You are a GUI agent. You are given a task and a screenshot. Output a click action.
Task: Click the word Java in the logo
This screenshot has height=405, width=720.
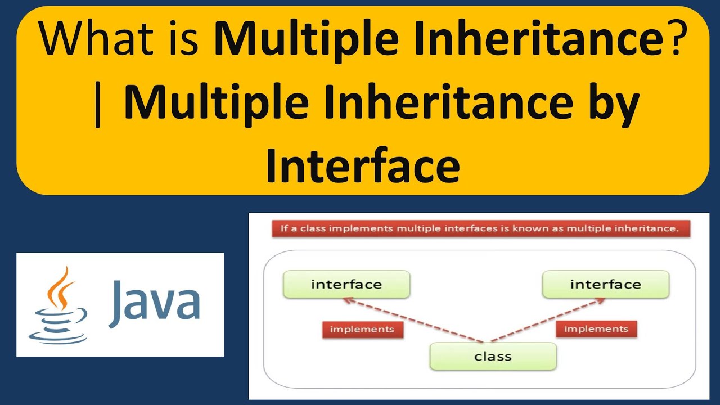[x=155, y=304]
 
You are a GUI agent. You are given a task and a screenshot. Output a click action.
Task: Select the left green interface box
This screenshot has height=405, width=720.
[x=346, y=285]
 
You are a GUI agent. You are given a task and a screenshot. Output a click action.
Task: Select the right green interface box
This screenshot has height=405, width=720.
[x=605, y=285]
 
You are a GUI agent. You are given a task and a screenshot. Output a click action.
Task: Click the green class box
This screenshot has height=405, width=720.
[x=493, y=357]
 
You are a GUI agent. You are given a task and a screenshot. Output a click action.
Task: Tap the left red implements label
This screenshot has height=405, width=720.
[x=362, y=329]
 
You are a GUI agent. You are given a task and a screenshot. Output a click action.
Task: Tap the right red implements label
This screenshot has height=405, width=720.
[x=596, y=328]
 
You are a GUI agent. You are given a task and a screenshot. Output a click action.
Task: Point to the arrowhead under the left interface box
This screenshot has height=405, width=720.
[x=346, y=301]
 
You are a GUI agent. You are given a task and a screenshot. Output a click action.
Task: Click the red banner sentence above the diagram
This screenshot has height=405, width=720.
[x=480, y=229]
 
